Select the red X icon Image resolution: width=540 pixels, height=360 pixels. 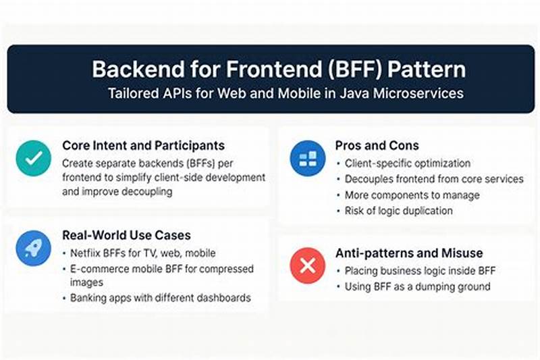click(x=307, y=265)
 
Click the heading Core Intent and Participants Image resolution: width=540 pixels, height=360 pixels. click(x=143, y=145)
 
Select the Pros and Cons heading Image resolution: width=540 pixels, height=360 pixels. click(x=377, y=145)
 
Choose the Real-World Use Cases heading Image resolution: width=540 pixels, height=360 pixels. click(x=126, y=235)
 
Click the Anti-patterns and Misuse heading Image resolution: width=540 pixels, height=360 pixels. click(x=409, y=253)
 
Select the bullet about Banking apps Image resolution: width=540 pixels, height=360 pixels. click(x=161, y=297)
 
